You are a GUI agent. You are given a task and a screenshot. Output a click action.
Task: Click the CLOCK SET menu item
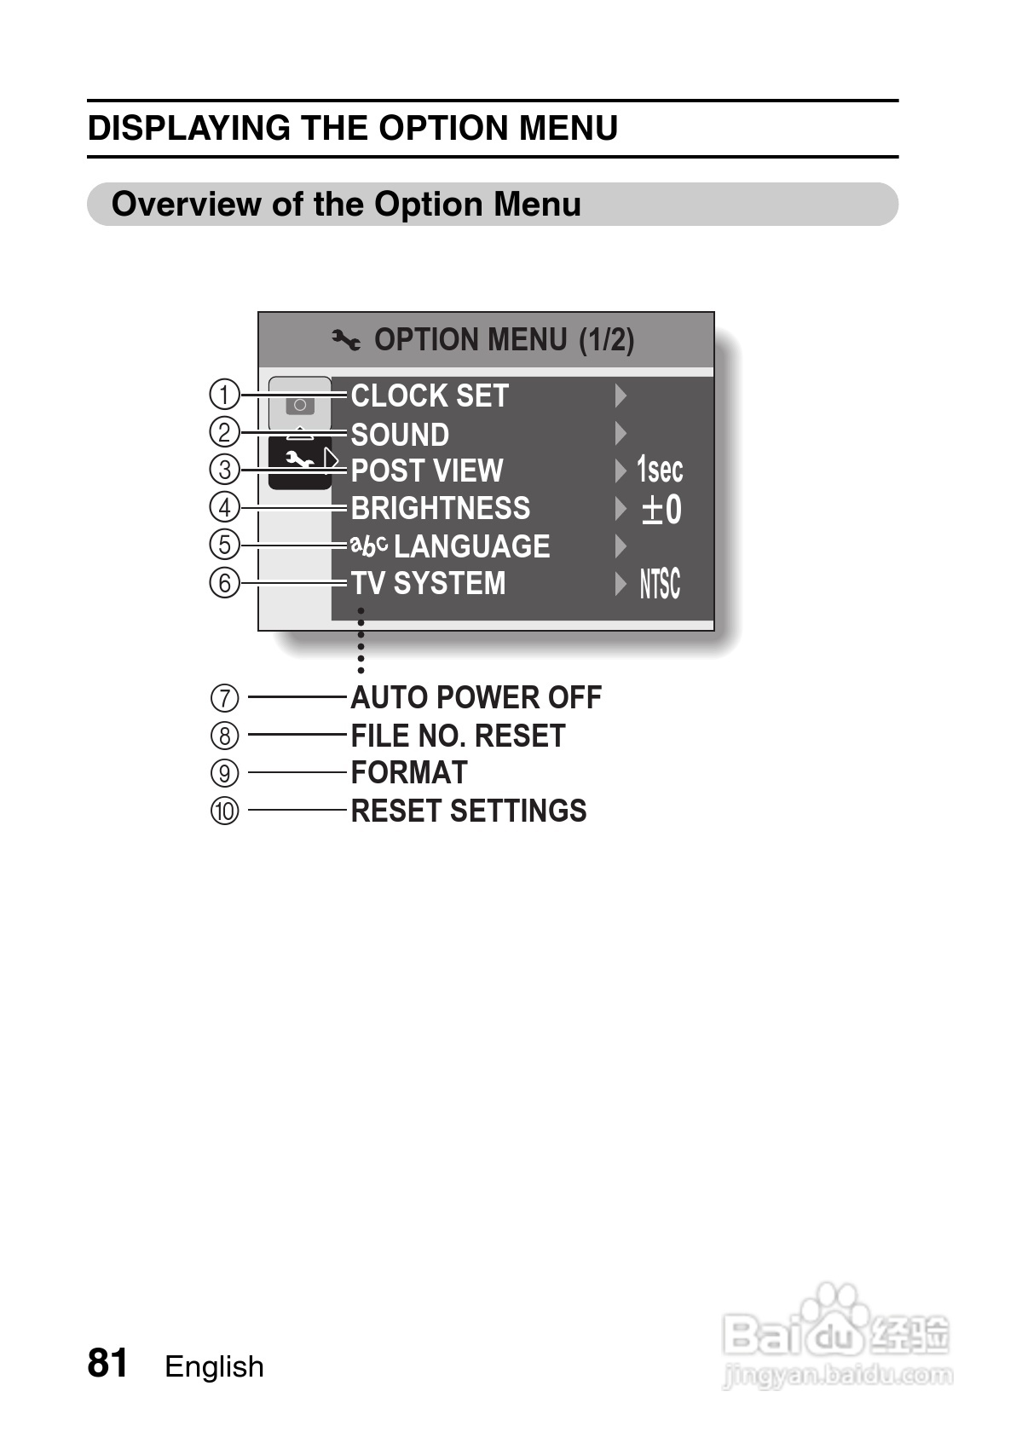(x=430, y=396)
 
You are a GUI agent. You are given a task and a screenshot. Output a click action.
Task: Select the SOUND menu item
(x=400, y=435)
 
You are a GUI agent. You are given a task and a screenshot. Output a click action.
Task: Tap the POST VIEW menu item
(x=427, y=471)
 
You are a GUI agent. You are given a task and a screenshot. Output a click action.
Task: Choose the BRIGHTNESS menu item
(x=441, y=508)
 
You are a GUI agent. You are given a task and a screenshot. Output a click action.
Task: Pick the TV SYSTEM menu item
(x=429, y=584)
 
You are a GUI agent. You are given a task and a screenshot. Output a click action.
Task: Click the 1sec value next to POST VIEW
(x=660, y=470)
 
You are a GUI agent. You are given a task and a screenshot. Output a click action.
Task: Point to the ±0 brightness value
(x=661, y=509)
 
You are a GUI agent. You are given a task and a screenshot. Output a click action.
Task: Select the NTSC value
(x=660, y=585)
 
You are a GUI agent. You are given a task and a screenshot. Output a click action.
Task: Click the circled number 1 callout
(x=224, y=396)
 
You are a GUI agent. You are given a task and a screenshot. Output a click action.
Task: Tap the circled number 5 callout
(x=224, y=544)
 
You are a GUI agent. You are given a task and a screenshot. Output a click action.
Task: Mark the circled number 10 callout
(x=225, y=811)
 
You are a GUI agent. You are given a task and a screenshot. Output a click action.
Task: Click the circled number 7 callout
(x=224, y=698)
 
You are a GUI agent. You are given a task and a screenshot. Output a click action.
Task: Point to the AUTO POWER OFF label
(x=476, y=698)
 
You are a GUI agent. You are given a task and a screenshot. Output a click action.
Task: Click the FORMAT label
(x=409, y=773)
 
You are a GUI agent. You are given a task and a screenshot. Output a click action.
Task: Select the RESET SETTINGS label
(x=469, y=811)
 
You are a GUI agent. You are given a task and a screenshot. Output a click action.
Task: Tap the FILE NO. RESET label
(x=458, y=736)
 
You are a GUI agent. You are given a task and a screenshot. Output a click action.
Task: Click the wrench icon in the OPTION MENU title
(x=346, y=341)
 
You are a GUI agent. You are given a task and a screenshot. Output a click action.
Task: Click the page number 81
(x=108, y=1364)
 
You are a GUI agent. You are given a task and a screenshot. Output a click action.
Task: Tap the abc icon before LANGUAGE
(x=369, y=546)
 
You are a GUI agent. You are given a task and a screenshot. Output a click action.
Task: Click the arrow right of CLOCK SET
(x=621, y=396)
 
